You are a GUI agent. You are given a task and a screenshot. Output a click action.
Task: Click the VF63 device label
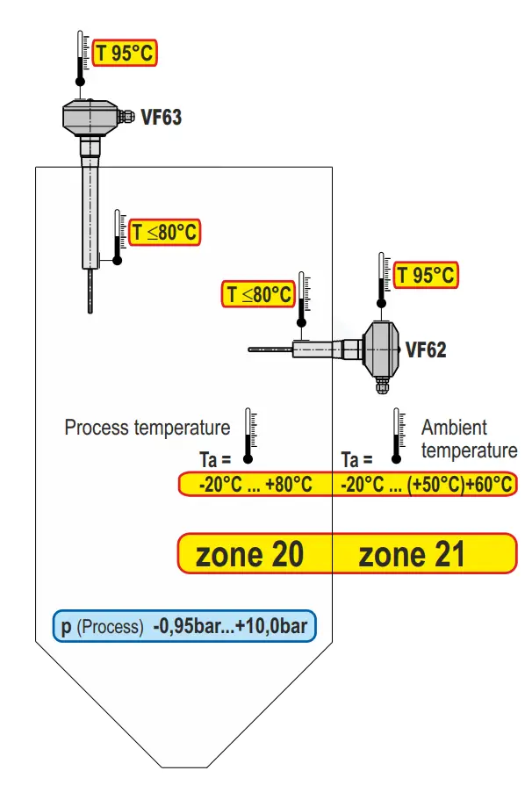click(162, 116)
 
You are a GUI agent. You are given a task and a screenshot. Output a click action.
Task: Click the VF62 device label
click(425, 349)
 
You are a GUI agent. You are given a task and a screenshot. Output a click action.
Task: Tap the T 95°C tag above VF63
click(125, 53)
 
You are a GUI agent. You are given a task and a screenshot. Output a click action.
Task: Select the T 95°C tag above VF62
click(426, 275)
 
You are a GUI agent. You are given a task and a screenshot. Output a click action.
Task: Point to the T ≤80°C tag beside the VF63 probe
click(165, 233)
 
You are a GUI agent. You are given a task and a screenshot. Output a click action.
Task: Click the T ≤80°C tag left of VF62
click(258, 294)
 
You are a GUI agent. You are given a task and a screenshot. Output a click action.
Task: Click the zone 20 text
click(250, 554)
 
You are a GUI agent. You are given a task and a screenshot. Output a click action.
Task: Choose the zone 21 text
click(412, 554)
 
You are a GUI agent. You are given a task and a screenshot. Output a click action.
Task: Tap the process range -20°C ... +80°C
click(255, 484)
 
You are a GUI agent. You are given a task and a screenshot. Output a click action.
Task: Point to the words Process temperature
click(147, 428)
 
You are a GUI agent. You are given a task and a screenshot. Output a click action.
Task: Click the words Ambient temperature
click(468, 439)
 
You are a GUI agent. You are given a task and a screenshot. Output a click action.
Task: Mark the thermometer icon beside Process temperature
click(248, 435)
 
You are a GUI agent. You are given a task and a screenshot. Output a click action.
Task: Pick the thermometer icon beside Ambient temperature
click(398, 435)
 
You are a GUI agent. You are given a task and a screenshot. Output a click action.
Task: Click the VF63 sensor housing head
click(91, 116)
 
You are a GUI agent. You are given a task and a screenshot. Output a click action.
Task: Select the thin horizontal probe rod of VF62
click(270, 349)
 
